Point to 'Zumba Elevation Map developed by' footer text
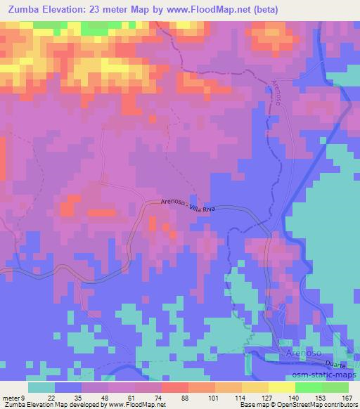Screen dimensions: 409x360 click(x=53, y=404)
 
